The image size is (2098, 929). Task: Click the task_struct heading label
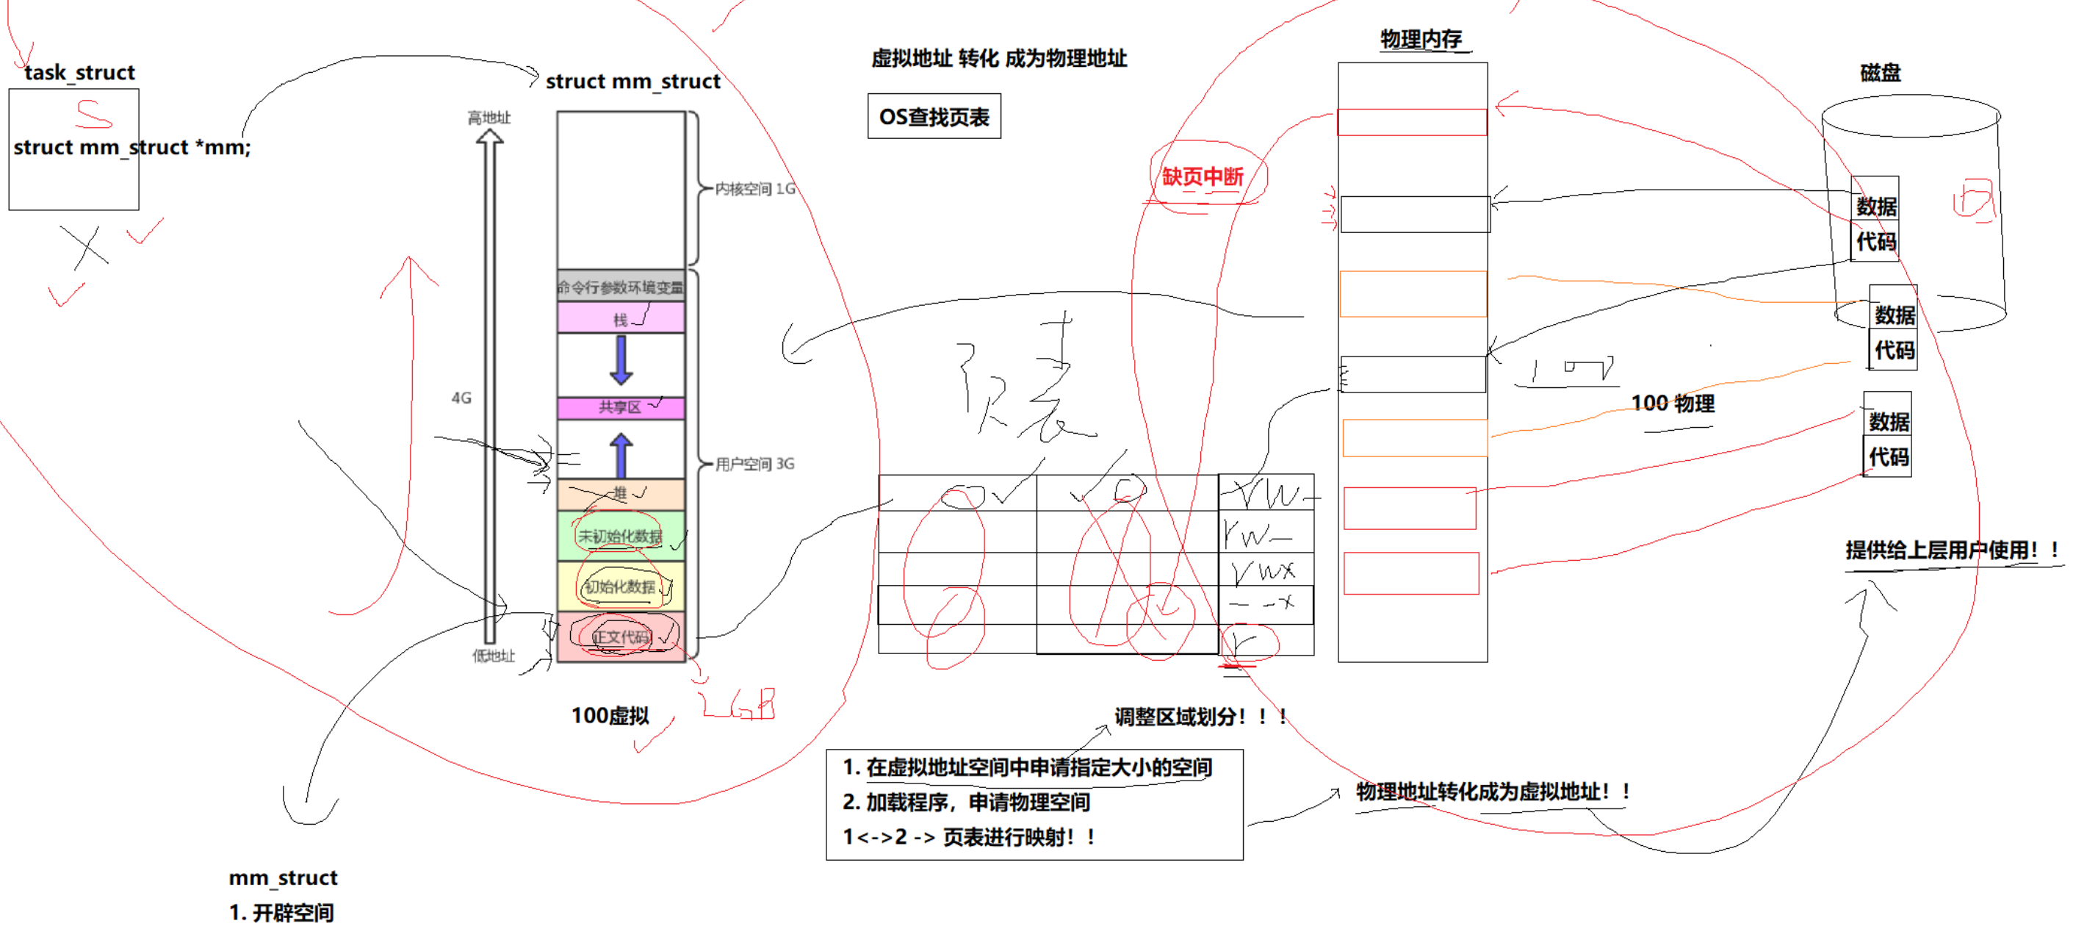tap(79, 73)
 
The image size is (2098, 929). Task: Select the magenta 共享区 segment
tap(621, 406)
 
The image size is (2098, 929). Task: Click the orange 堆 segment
tap(621, 494)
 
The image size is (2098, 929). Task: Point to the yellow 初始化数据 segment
tap(621, 587)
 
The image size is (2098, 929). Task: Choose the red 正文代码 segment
tap(621, 637)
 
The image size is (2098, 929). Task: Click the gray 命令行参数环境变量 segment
tap(621, 287)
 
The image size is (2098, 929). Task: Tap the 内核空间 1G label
tap(754, 189)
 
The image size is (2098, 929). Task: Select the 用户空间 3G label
tap(754, 464)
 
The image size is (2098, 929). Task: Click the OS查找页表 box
tap(934, 118)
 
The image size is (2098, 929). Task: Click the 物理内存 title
tap(1421, 39)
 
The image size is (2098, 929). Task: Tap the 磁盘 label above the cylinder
tap(1880, 73)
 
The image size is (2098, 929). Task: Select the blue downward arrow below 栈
tap(621, 359)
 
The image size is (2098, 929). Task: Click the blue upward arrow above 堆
tap(621, 454)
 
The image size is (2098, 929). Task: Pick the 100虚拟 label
tap(610, 716)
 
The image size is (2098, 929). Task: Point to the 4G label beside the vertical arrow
tap(461, 398)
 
